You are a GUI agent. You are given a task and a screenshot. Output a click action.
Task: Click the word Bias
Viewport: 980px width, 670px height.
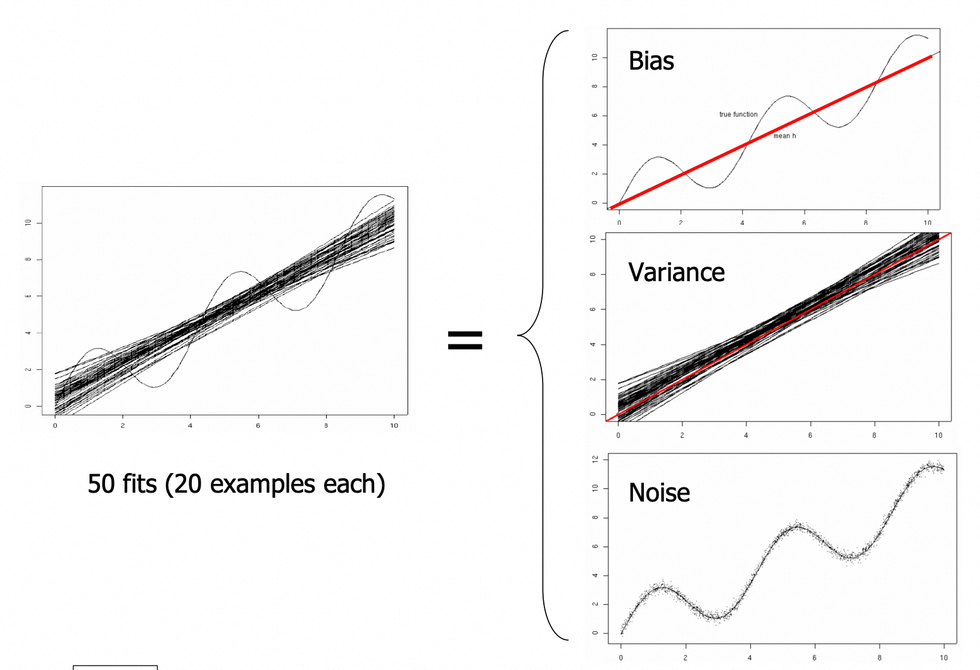[651, 61]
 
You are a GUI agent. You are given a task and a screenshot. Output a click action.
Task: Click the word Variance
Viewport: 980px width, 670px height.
[676, 272]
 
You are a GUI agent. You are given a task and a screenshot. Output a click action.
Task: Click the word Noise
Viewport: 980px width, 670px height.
[659, 493]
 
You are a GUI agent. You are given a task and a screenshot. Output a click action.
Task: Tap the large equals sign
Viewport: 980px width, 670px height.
[465, 340]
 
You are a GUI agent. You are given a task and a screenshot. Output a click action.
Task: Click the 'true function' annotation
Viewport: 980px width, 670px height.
[738, 115]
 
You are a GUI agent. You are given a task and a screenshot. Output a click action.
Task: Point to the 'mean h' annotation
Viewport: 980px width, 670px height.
[784, 136]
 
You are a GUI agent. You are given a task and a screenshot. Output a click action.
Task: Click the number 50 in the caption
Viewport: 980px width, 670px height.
[101, 484]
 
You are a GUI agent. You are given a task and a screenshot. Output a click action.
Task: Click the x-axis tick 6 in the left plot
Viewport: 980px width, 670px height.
[258, 426]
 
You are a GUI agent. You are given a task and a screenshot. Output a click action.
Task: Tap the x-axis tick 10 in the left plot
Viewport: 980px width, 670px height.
[394, 426]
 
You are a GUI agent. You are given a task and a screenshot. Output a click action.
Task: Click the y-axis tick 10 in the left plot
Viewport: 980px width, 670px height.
[28, 223]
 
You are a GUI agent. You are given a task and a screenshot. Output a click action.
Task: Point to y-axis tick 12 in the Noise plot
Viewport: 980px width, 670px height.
[595, 459]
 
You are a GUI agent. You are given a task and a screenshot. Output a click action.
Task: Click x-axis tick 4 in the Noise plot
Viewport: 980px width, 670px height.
[750, 658]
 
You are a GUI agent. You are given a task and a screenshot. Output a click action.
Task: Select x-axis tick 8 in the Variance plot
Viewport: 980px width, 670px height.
[874, 436]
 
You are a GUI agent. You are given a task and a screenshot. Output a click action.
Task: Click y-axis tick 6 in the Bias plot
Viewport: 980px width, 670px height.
[594, 116]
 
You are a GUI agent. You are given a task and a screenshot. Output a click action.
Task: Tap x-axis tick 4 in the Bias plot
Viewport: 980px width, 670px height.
[743, 223]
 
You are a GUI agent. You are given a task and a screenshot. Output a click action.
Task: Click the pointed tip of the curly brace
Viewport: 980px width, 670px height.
[519, 335]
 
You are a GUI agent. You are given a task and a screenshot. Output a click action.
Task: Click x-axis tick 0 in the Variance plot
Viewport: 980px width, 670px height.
[619, 436]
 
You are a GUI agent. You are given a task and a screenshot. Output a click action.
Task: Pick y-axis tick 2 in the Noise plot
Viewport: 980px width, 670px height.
[595, 604]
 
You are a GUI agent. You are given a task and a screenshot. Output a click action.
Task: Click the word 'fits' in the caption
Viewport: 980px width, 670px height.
[139, 484]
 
